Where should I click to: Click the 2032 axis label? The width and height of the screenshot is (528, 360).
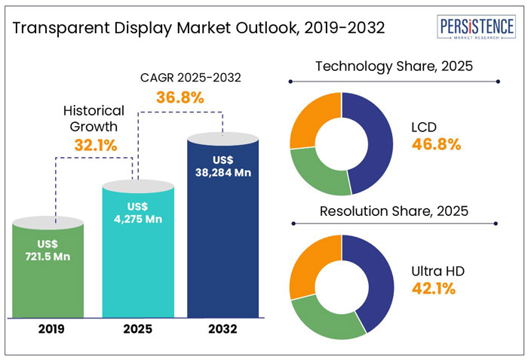pos(224,329)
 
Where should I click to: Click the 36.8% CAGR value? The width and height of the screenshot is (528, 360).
pos(180,97)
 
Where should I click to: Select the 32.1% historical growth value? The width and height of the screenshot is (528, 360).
pos(94,145)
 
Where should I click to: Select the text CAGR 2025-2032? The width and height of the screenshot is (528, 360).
pos(182,77)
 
